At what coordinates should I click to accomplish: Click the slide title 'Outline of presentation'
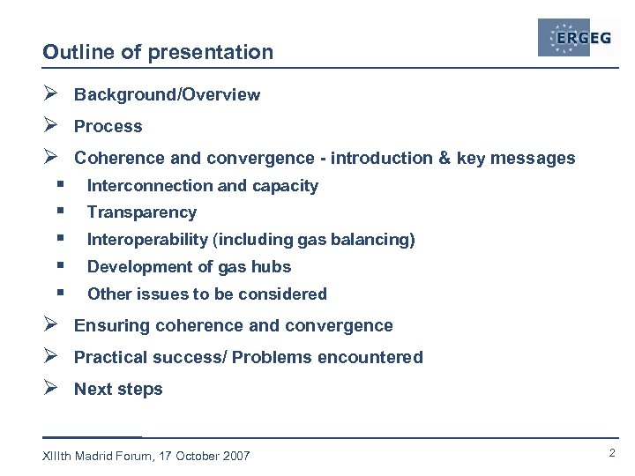(x=158, y=53)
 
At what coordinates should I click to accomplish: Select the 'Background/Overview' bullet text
(x=167, y=95)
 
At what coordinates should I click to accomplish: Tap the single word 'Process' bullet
(x=108, y=127)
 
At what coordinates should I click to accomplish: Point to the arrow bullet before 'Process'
(x=51, y=126)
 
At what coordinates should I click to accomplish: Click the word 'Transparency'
(x=141, y=212)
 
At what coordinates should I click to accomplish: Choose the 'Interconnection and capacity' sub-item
(x=202, y=186)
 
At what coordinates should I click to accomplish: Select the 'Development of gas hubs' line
(x=189, y=267)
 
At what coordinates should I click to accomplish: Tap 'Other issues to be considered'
(x=206, y=294)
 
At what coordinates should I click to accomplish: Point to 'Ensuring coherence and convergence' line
(x=233, y=326)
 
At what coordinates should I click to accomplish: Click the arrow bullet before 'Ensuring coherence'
(x=51, y=325)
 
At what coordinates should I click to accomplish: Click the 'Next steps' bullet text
(x=118, y=390)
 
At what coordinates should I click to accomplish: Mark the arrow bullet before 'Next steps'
(x=51, y=389)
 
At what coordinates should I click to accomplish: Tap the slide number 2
(x=611, y=453)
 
